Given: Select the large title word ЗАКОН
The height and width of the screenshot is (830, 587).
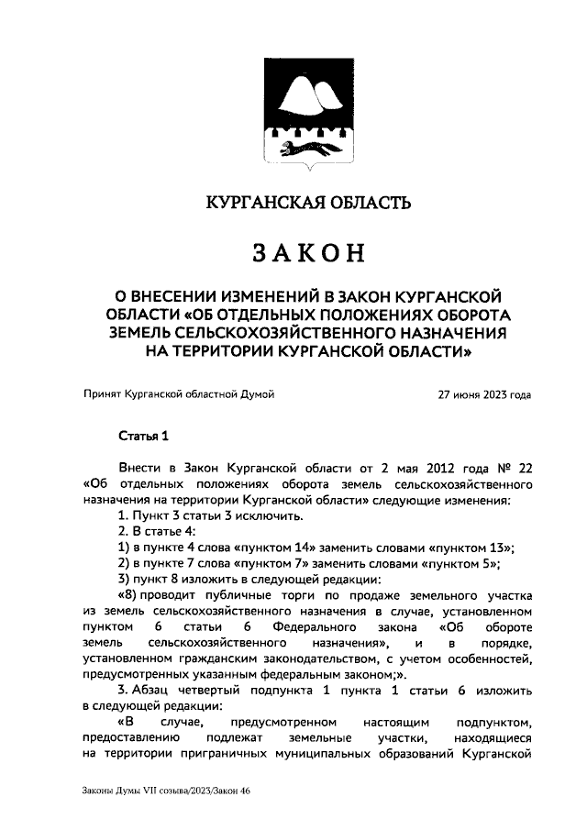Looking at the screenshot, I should point(307,251).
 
